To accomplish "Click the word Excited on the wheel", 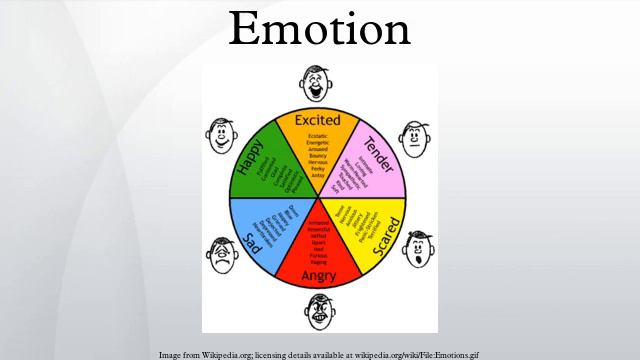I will click(x=319, y=121).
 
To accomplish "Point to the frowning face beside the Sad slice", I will click(x=221, y=256).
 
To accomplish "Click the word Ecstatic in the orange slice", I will click(x=319, y=135).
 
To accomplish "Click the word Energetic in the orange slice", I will click(x=319, y=143).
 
